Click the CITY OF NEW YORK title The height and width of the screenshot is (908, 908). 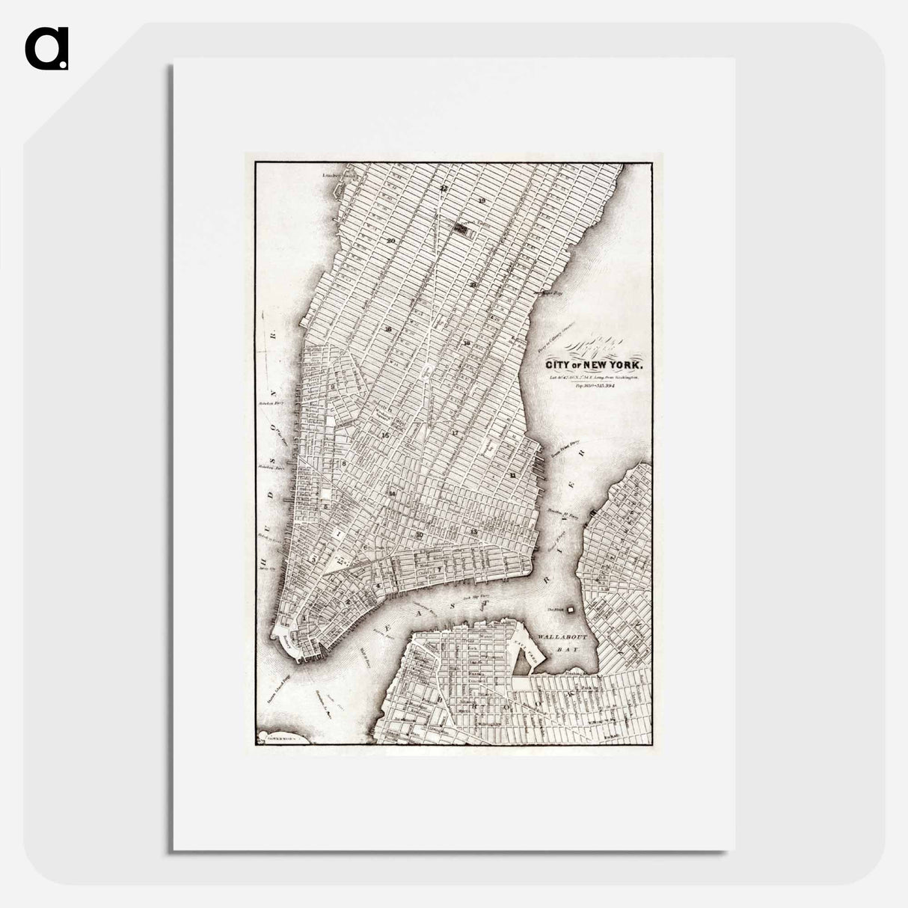point(594,365)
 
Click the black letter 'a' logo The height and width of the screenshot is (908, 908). point(47,49)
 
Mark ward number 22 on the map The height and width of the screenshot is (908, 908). point(444,188)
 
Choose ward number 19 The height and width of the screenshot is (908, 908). point(482,201)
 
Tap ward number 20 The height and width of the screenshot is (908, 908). point(391,240)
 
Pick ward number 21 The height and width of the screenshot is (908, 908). point(473,285)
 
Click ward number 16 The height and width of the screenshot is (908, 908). point(388,330)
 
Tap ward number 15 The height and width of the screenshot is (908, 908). point(385,435)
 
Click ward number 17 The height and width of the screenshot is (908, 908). point(454,433)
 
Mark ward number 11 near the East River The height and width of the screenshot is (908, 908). point(513,476)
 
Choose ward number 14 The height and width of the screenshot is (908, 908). point(391,494)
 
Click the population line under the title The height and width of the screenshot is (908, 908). point(595,387)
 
